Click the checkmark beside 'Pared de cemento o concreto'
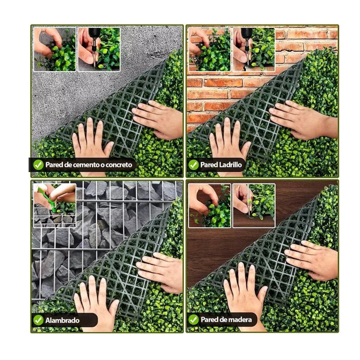38,165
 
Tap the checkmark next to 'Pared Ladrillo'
193,165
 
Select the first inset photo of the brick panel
210,49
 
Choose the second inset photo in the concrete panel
99,49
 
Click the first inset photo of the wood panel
210,206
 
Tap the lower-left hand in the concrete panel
91,142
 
